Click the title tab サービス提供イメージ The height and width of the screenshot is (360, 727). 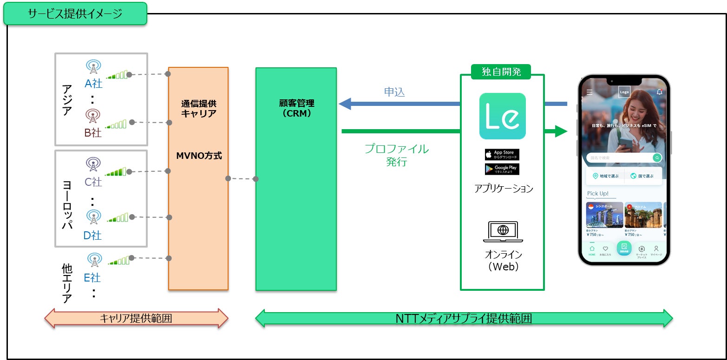click(x=75, y=13)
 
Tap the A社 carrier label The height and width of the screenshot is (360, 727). click(x=93, y=84)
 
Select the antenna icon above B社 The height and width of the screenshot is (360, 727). click(x=93, y=116)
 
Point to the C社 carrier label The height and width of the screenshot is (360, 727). click(x=93, y=182)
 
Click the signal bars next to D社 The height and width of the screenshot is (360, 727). click(x=118, y=218)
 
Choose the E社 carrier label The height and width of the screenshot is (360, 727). click(x=92, y=278)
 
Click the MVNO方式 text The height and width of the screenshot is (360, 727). click(x=198, y=156)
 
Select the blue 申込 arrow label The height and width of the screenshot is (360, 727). click(x=394, y=92)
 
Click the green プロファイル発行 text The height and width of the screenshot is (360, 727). click(x=396, y=155)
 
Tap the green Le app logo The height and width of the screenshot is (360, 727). click(x=502, y=116)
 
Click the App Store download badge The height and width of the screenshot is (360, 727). click(x=502, y=155)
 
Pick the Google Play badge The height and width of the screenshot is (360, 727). click(x=502, y=169)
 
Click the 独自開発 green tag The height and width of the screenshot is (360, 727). click(x=501, y=72)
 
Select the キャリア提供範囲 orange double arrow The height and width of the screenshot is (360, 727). click(x=136, y=319)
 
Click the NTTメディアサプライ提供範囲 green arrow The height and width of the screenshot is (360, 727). click(x=464, y=319)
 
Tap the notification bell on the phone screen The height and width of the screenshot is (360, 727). click(x=659, y=92)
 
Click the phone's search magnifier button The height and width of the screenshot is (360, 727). click(x=657, y=158)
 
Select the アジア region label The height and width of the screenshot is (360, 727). click(x=68, y=99)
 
